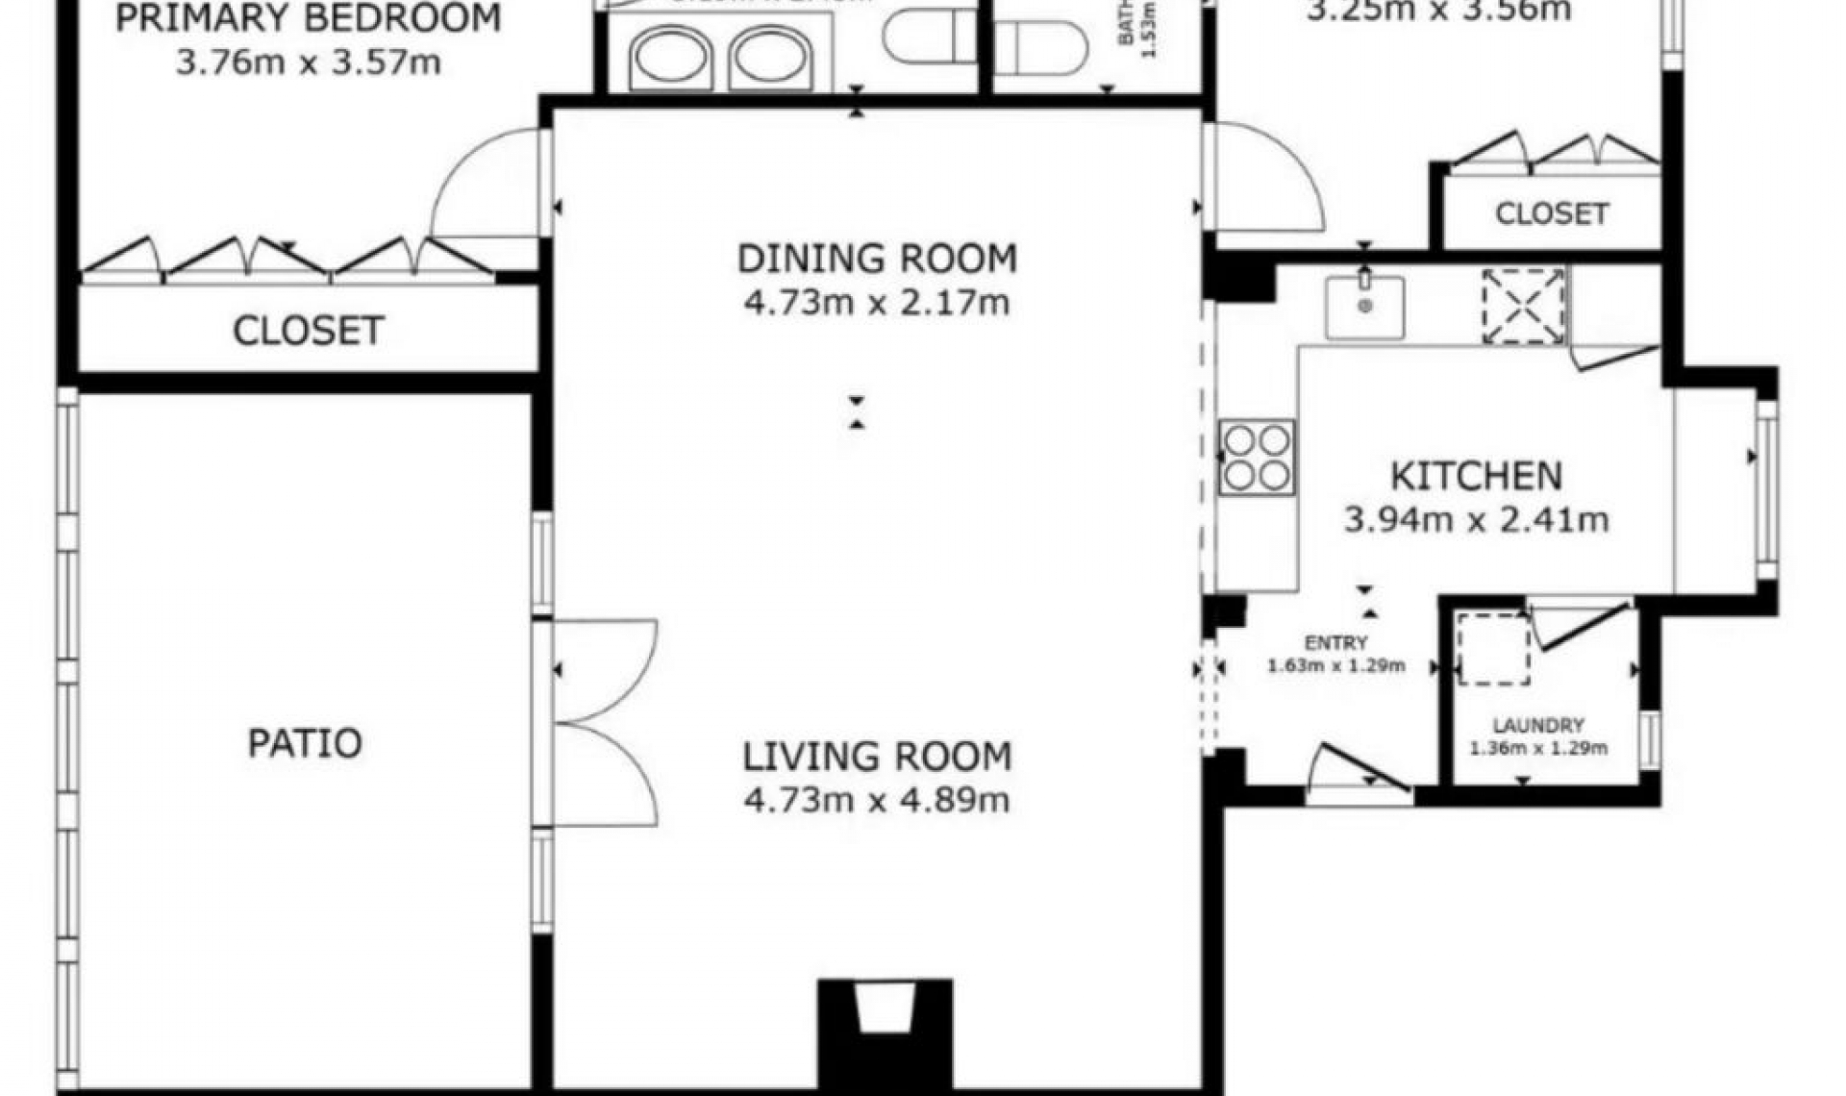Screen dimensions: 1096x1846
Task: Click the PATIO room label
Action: [305, 743]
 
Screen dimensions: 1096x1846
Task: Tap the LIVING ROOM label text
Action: [877, 757]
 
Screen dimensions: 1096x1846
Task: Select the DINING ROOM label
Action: [877, 259]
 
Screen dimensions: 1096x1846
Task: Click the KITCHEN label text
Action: [1476, 476]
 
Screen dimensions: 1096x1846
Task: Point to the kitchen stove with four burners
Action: [1257, 457]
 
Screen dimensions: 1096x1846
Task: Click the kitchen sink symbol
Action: [1364, 307]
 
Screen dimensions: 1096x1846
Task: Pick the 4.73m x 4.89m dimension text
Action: [877, 800]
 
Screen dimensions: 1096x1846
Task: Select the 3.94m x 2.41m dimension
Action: [1476, 520]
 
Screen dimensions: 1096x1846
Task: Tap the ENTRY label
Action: [1335, 643]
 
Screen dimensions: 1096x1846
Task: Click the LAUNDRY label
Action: [1538, 726]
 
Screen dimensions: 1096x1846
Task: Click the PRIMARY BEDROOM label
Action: [308, 18]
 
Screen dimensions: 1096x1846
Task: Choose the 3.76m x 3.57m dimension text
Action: [308, 62]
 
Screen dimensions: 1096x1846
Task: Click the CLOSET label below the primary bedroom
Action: [308, 331]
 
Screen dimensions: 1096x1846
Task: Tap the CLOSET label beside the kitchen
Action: [1552, 213]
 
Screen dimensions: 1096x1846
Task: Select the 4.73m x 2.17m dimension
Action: [877, 303]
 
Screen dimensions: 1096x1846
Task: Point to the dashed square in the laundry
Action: [1493, 649]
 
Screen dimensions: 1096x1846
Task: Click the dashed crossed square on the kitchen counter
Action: [1523, 307]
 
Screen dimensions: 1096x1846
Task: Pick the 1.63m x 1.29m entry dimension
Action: [1335, 665]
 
